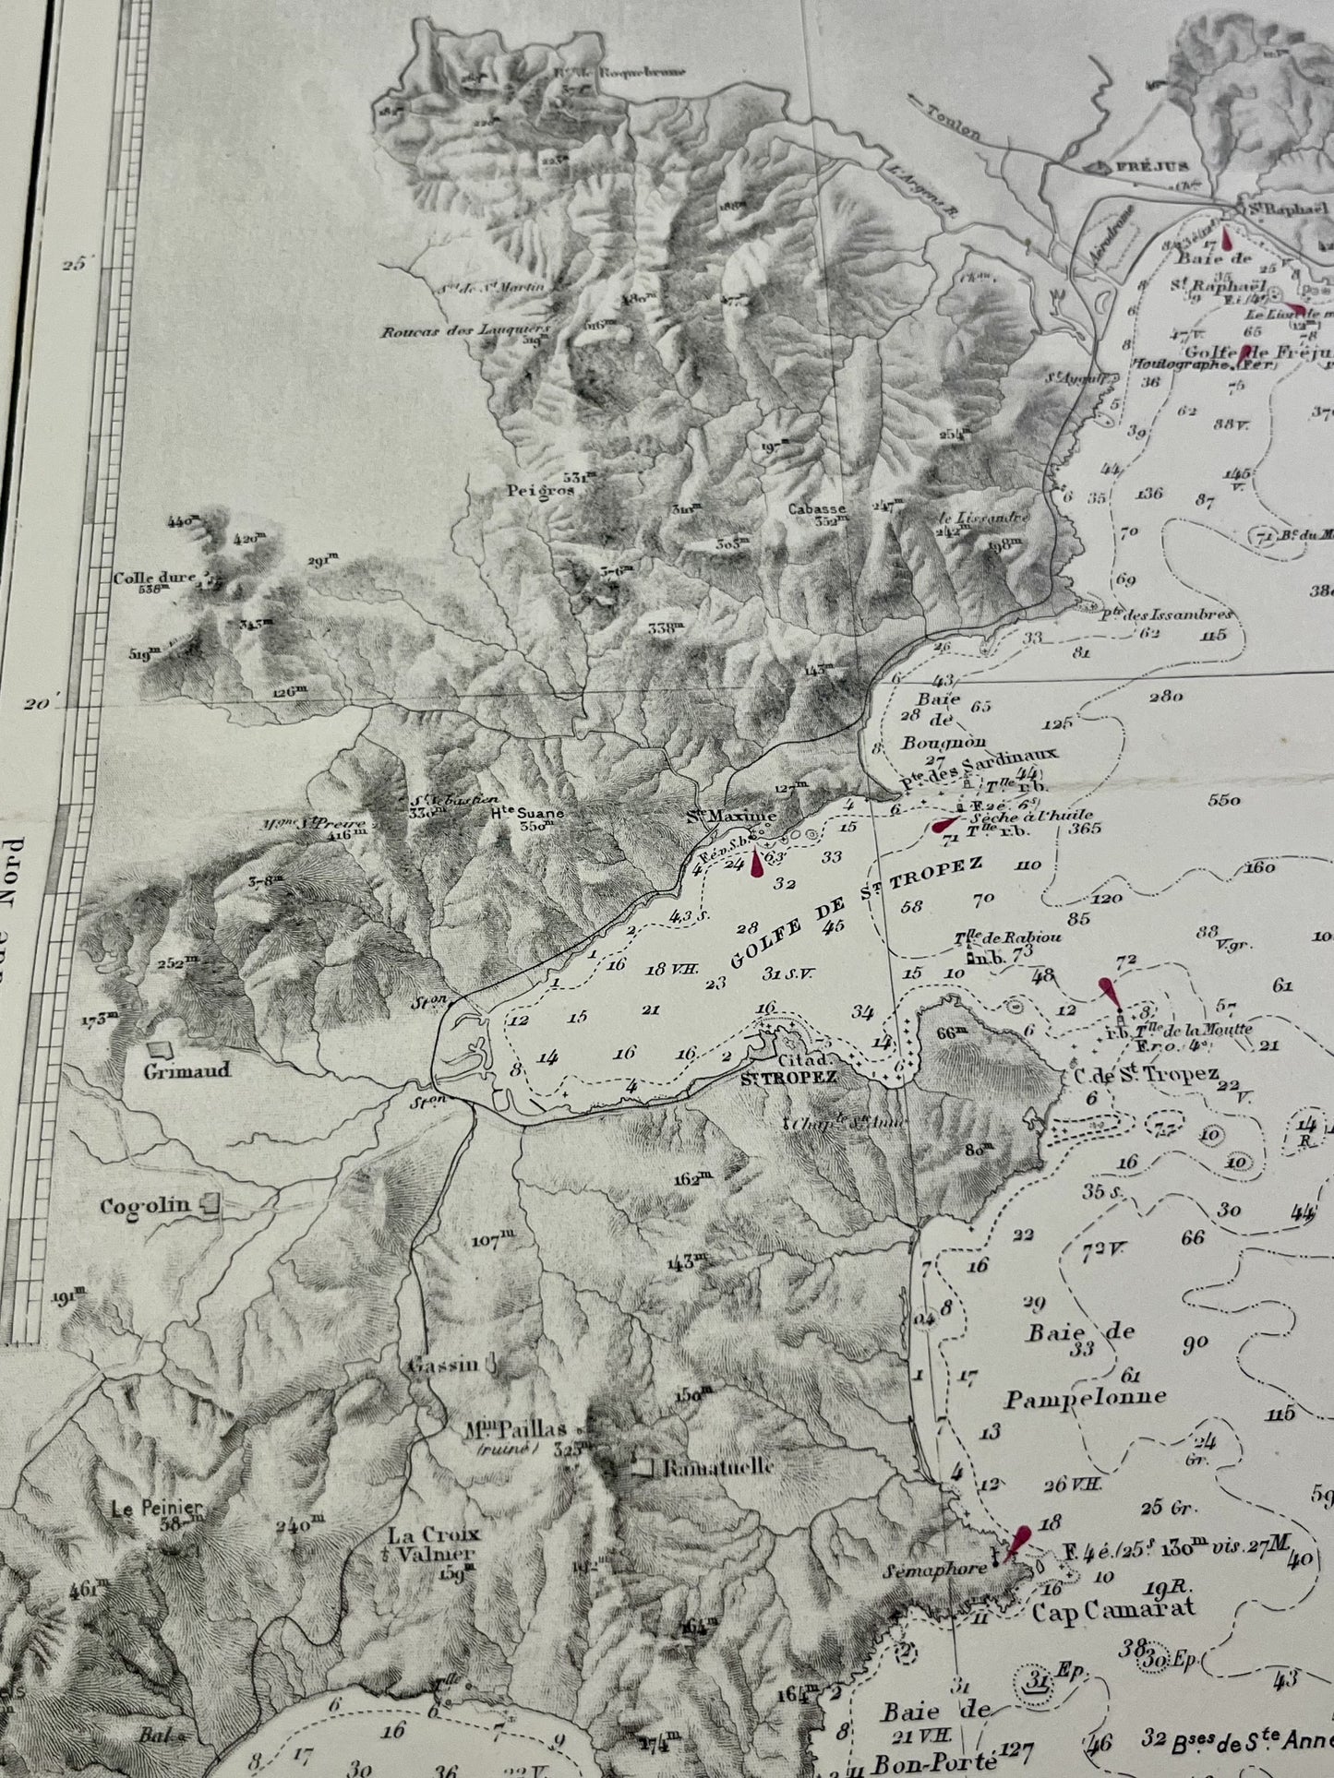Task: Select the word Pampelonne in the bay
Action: (1085, 1396)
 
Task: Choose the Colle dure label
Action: (154, 579)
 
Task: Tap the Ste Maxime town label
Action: (736, 817)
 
